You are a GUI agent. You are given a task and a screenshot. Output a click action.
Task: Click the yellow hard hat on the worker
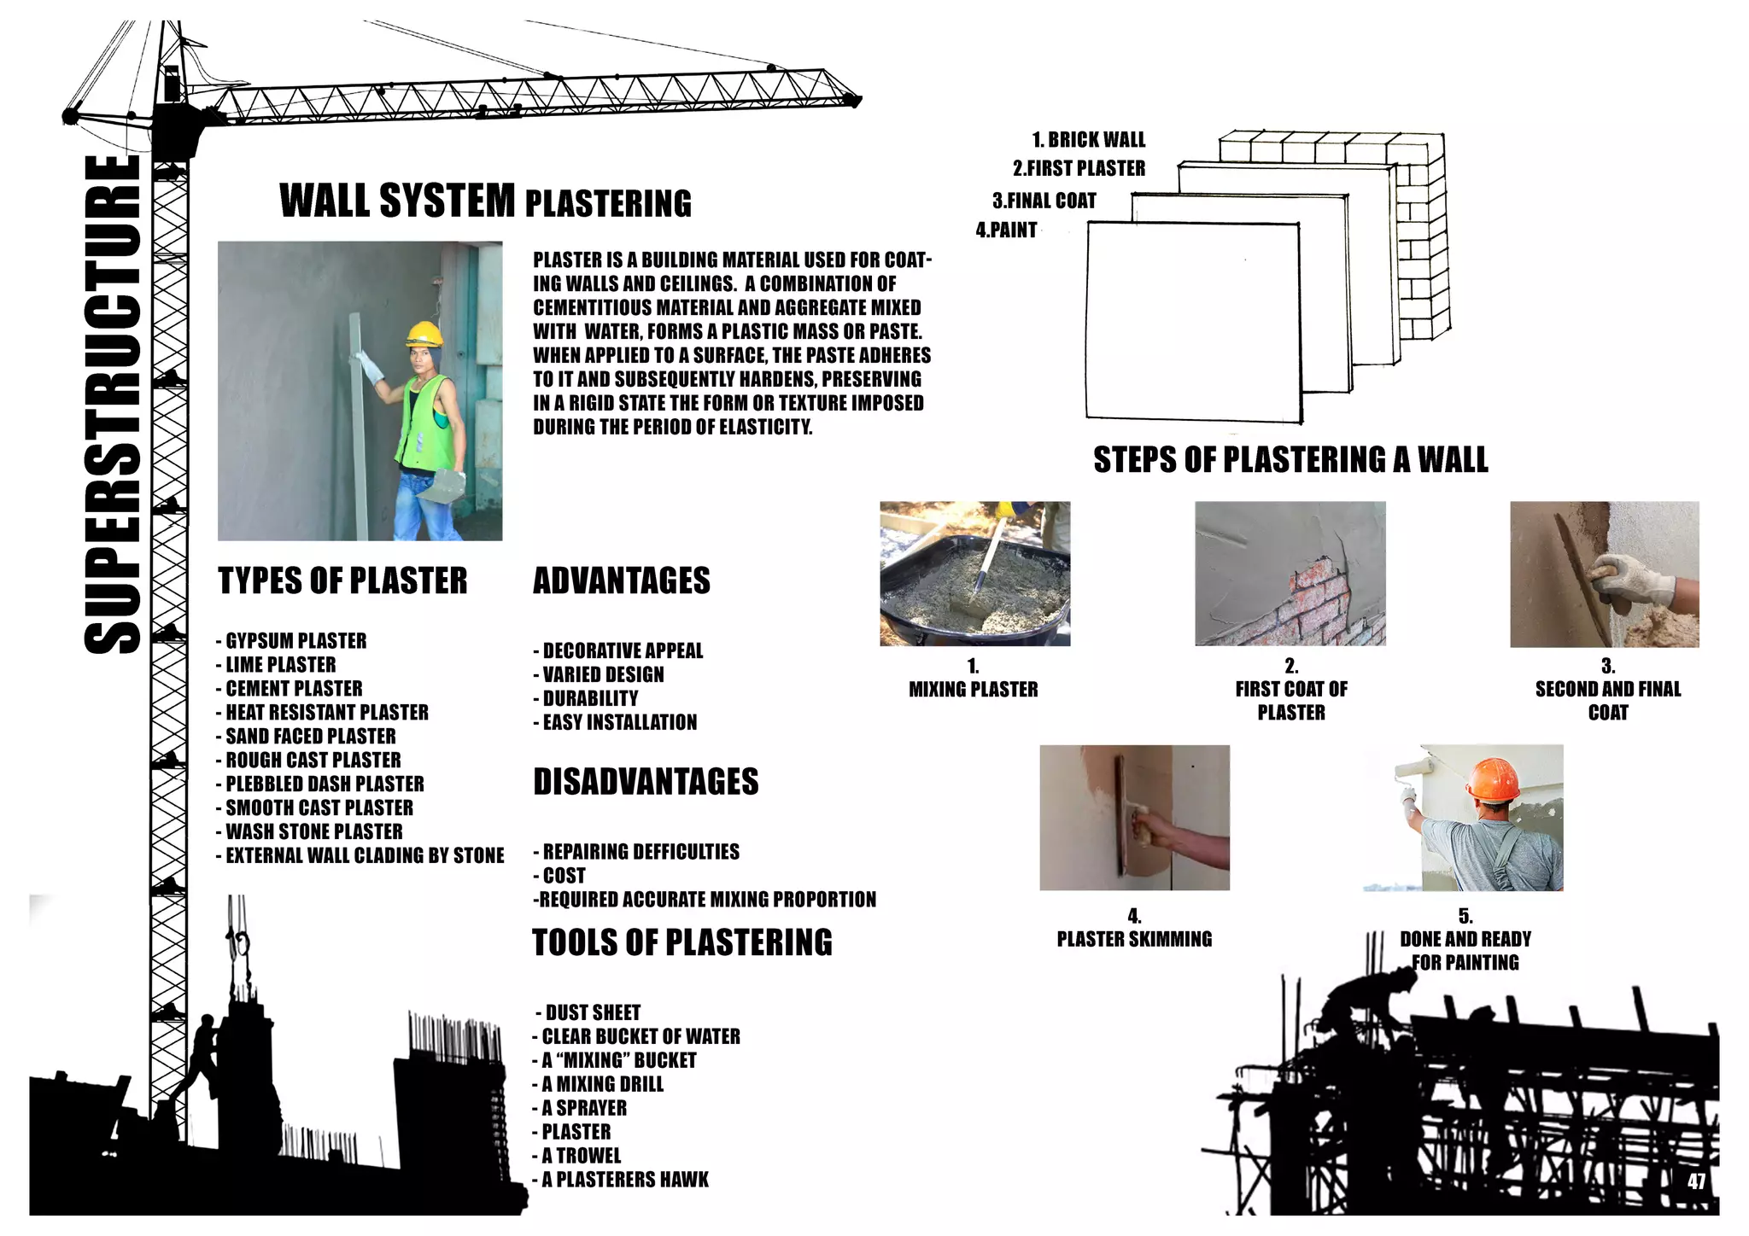pyautogui.click(x=424, y=332)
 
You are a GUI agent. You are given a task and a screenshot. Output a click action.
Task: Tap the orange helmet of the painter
pyautogui.click(x=1494, y=778)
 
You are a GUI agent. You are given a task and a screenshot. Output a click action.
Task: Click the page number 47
pyautogui.click(x=1696, y=1181)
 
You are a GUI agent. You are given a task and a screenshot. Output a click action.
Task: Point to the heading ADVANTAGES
pyautogui.click(x=621, y=580)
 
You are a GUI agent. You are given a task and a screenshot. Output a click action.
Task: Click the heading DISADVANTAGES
pyautogui.click(x=646, y=782)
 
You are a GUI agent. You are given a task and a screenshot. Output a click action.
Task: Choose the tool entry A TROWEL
pyautogui.click(x=581, y=1156)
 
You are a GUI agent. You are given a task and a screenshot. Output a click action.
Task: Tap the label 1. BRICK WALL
pyautogui.click(x=1088, y=140)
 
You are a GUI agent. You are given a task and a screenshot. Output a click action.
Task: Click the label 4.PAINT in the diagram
pyautogui.click(x=1006, y=230)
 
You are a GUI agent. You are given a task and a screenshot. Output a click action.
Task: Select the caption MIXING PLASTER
pyautogui.click(x=973, y=690)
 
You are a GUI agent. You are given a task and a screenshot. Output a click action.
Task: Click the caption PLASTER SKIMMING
pyautogui.click(x=1134, y=940)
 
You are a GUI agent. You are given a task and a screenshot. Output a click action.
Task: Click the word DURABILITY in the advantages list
pyautogui.click(x=590, y=698)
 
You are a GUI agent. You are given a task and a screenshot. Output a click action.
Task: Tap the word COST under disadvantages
pyautogui.click(x=564, y=876)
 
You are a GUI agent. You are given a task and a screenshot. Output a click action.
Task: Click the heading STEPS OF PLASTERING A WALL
pyautogui.click(x=1290, y=460)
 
